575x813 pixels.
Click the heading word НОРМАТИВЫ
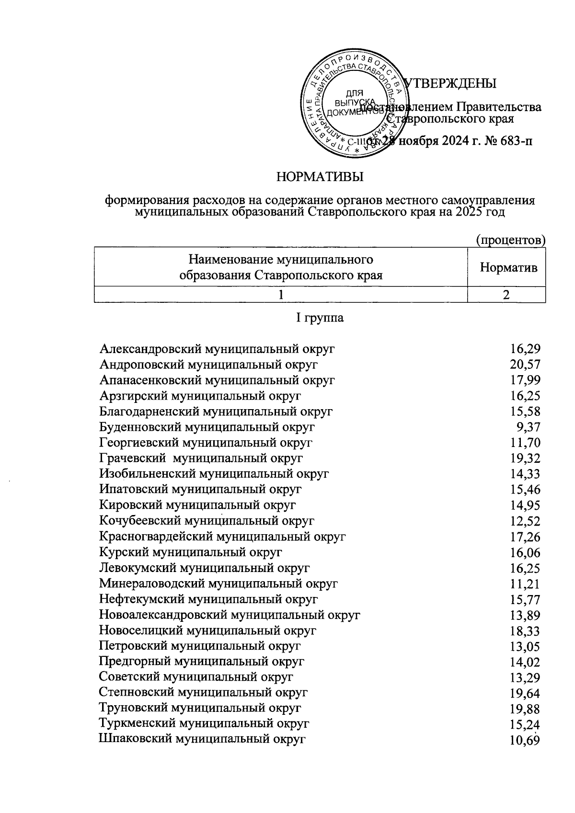320,177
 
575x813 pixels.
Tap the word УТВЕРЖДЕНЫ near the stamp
451,83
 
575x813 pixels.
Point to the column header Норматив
508,267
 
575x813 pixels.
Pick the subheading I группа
320,318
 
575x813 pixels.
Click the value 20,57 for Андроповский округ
525,365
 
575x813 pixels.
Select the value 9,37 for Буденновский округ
529,427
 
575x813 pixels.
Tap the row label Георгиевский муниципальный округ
206,442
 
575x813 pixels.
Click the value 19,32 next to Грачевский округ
525,458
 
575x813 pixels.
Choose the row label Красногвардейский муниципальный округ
222,536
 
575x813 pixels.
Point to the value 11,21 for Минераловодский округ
525,584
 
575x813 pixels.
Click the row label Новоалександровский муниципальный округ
230,615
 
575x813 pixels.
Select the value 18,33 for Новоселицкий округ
525,630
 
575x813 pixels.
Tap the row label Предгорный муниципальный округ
202,662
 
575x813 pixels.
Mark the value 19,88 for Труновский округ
525,709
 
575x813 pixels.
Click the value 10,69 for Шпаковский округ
525,740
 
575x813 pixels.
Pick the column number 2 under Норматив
506,295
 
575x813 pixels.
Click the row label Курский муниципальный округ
191,552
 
